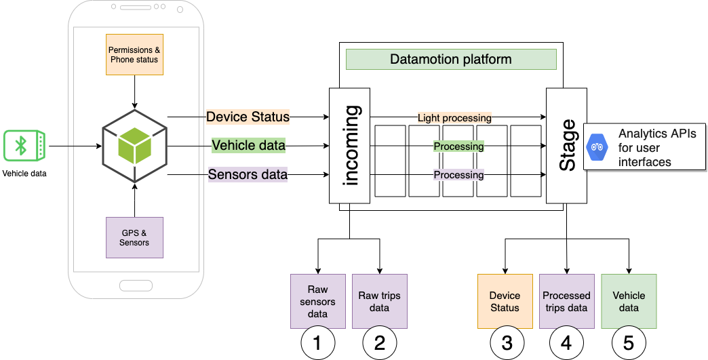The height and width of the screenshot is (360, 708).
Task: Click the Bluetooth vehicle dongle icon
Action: coord(24,145)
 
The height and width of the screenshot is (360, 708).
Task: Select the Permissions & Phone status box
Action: coord(135,54)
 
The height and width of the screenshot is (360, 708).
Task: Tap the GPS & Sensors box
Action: coord(135,237)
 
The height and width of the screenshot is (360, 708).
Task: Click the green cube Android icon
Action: coord(135,145)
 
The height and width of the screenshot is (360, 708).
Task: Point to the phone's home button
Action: coord(136,285)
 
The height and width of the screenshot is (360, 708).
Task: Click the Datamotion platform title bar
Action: coord(451,60)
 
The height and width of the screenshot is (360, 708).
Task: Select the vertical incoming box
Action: coord(350,145)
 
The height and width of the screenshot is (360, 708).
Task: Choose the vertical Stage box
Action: coord(566,145)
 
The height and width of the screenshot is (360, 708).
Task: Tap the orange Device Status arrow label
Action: coord(248,117)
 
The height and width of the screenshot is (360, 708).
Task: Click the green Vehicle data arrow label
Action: coord(248,145)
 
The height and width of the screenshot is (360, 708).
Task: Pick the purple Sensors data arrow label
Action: coord(248,174)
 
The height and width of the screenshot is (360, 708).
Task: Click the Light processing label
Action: coord(454,117)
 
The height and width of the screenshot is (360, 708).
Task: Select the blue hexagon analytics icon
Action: coord(597,146)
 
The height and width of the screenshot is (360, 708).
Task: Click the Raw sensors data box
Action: coord(317,302)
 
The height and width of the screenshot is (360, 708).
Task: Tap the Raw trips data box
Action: coord(379,302)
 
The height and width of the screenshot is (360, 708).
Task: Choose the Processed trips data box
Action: coord(566,302)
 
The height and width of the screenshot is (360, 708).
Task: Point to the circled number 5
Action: coord(629,344)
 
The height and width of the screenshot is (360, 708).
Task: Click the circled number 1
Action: coord(317,344)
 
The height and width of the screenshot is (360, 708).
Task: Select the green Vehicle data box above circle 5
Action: coord(629,302)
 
